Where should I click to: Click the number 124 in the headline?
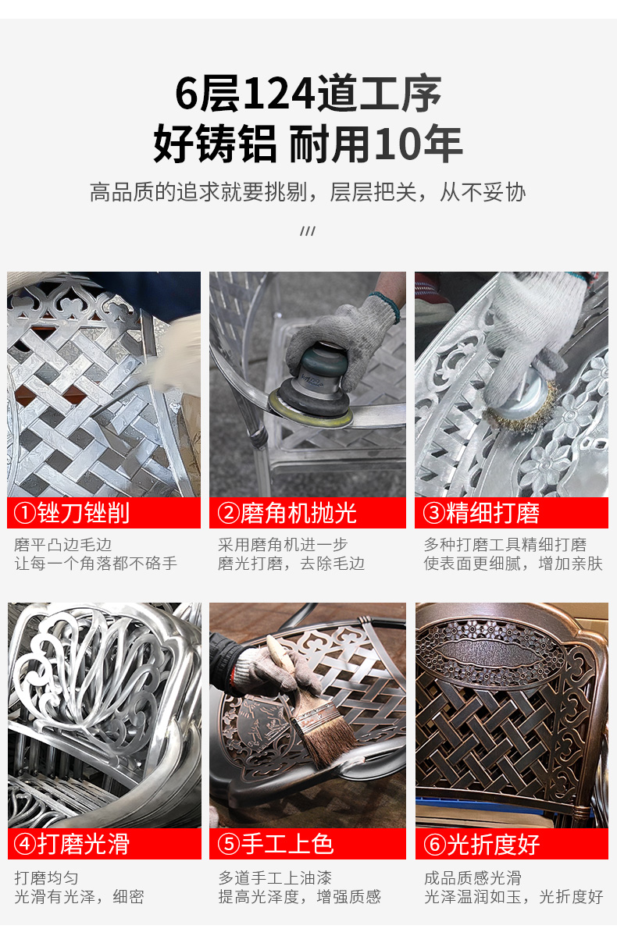click(279, 94)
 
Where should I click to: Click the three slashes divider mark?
click(308, 231)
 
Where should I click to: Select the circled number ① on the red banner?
click(25, 513)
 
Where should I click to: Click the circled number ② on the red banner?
click(229, 513)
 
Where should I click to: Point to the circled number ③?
click(434, 513)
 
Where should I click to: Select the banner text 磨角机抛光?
click(298, 513)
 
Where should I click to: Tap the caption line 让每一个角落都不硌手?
click(95, 564)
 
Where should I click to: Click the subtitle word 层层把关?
click(373, 192)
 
